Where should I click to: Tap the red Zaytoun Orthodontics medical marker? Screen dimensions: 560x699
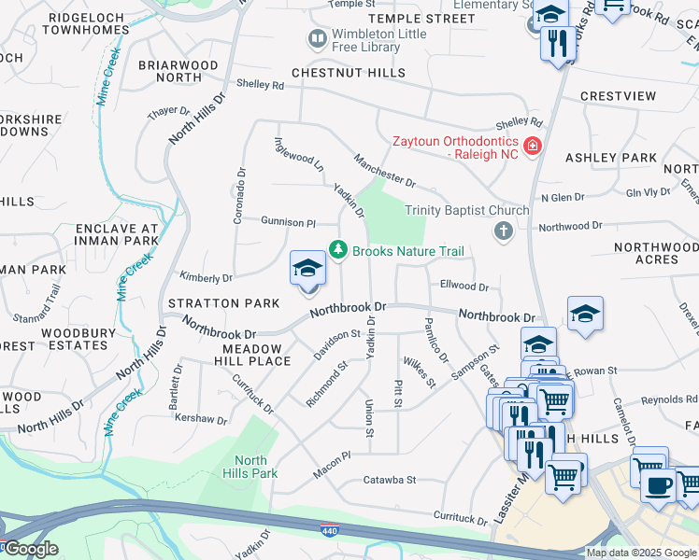(x=532, y=147)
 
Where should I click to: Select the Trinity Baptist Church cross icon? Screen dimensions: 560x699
(x=504, y=231)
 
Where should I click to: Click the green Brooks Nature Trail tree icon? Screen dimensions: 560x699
(x=337, y=250)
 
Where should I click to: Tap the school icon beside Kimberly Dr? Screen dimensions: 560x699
(x=307, y=270)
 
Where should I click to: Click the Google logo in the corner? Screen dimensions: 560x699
(x=30, y=549)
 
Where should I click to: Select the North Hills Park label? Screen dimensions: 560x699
(x=250, y=467)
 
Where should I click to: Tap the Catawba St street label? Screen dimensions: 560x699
(x=389, y=481)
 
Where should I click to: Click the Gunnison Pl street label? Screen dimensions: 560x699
(x=288, y=222)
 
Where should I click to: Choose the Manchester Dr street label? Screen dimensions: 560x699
(x=384, y=170)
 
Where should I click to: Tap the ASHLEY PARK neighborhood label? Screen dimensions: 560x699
(x=611, y=159)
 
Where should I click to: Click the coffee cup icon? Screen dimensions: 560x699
(x=657, y=484)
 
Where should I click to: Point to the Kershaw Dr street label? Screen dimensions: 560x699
(x=201, y=420)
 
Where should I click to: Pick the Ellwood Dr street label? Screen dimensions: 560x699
(x=464, y=287)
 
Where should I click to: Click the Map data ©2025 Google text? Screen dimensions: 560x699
(x=641, y=553)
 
